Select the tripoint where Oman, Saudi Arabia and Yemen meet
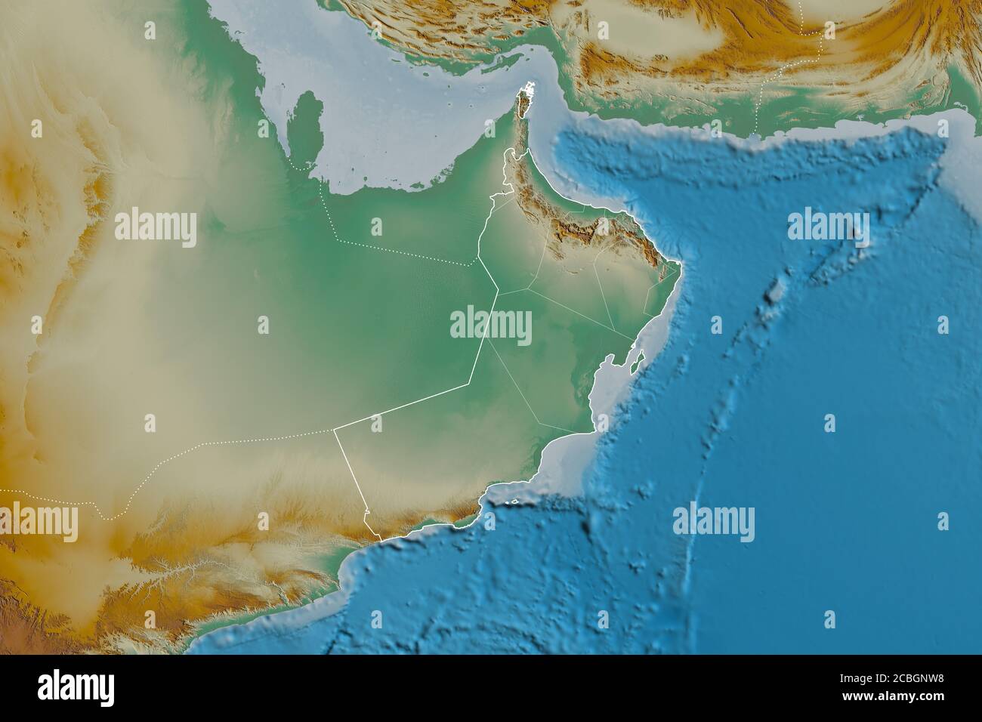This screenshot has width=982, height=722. tap(335, 430)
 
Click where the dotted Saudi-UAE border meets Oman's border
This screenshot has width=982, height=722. tap(477, 264)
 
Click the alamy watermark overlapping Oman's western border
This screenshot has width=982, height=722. tap(490, 326)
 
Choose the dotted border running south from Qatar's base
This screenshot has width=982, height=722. tap(325, 204)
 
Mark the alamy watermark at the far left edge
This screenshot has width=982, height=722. tap(38, 522)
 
